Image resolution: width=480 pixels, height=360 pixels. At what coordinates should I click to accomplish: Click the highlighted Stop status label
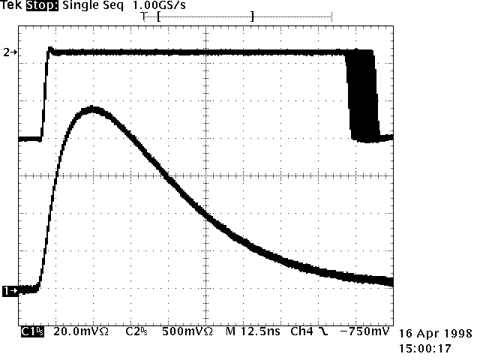pos(45,6)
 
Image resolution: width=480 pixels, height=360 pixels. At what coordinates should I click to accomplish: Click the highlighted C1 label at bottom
pos(31,331)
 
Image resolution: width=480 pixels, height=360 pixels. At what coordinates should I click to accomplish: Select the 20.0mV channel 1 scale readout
pos(81,331)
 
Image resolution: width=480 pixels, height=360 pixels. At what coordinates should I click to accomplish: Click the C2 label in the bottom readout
pos(134,331)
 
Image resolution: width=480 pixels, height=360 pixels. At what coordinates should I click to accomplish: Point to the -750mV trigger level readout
pos(365,331)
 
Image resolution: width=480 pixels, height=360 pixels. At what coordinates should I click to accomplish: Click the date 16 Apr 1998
pos(435,334)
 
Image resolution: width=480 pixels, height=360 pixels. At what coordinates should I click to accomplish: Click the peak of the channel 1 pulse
pos(93,109)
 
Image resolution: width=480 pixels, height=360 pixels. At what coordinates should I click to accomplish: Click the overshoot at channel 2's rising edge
pos(50,49)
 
